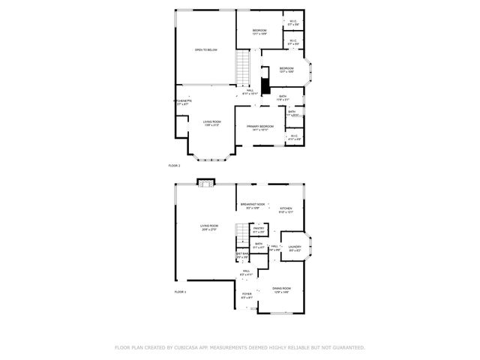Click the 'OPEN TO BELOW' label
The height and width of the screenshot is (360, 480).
point(206,49)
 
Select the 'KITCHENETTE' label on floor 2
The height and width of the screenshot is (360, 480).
point(182,101)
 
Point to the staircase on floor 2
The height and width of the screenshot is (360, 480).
point(242,68)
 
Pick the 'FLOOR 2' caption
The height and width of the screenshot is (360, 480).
point(174,164)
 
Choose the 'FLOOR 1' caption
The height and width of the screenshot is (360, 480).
point(180,291)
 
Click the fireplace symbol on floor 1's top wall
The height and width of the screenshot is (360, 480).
point(205,182)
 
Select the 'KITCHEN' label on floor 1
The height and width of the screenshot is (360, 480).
point(286,208)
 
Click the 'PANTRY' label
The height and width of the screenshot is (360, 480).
point(258,229)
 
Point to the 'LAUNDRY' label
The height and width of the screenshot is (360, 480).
point(295,247)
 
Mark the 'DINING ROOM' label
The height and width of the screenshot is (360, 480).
point(282,288)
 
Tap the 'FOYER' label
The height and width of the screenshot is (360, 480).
point(247,293)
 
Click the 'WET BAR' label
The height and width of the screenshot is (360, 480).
point(242,254)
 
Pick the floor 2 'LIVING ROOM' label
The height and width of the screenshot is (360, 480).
point(212,121)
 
